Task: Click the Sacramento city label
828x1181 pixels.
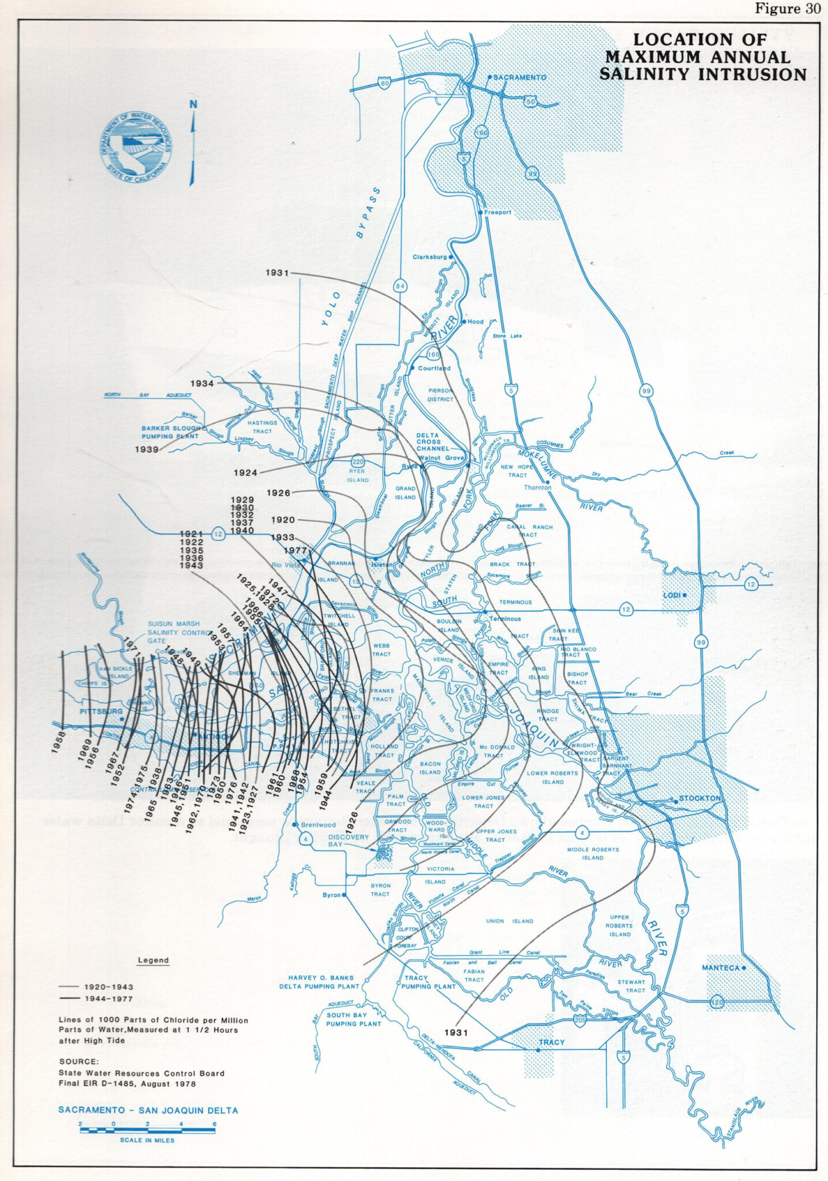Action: pos(519,77)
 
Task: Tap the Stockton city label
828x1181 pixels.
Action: pos(699,798)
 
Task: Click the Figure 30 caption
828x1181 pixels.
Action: pos(788,9)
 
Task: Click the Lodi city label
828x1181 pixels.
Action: pos(672,595)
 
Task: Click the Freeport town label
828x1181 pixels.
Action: pos(497,212)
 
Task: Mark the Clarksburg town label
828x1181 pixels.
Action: pos(430,257)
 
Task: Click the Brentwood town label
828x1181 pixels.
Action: pos(318,825)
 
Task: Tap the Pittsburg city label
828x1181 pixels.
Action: pos(101,712)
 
